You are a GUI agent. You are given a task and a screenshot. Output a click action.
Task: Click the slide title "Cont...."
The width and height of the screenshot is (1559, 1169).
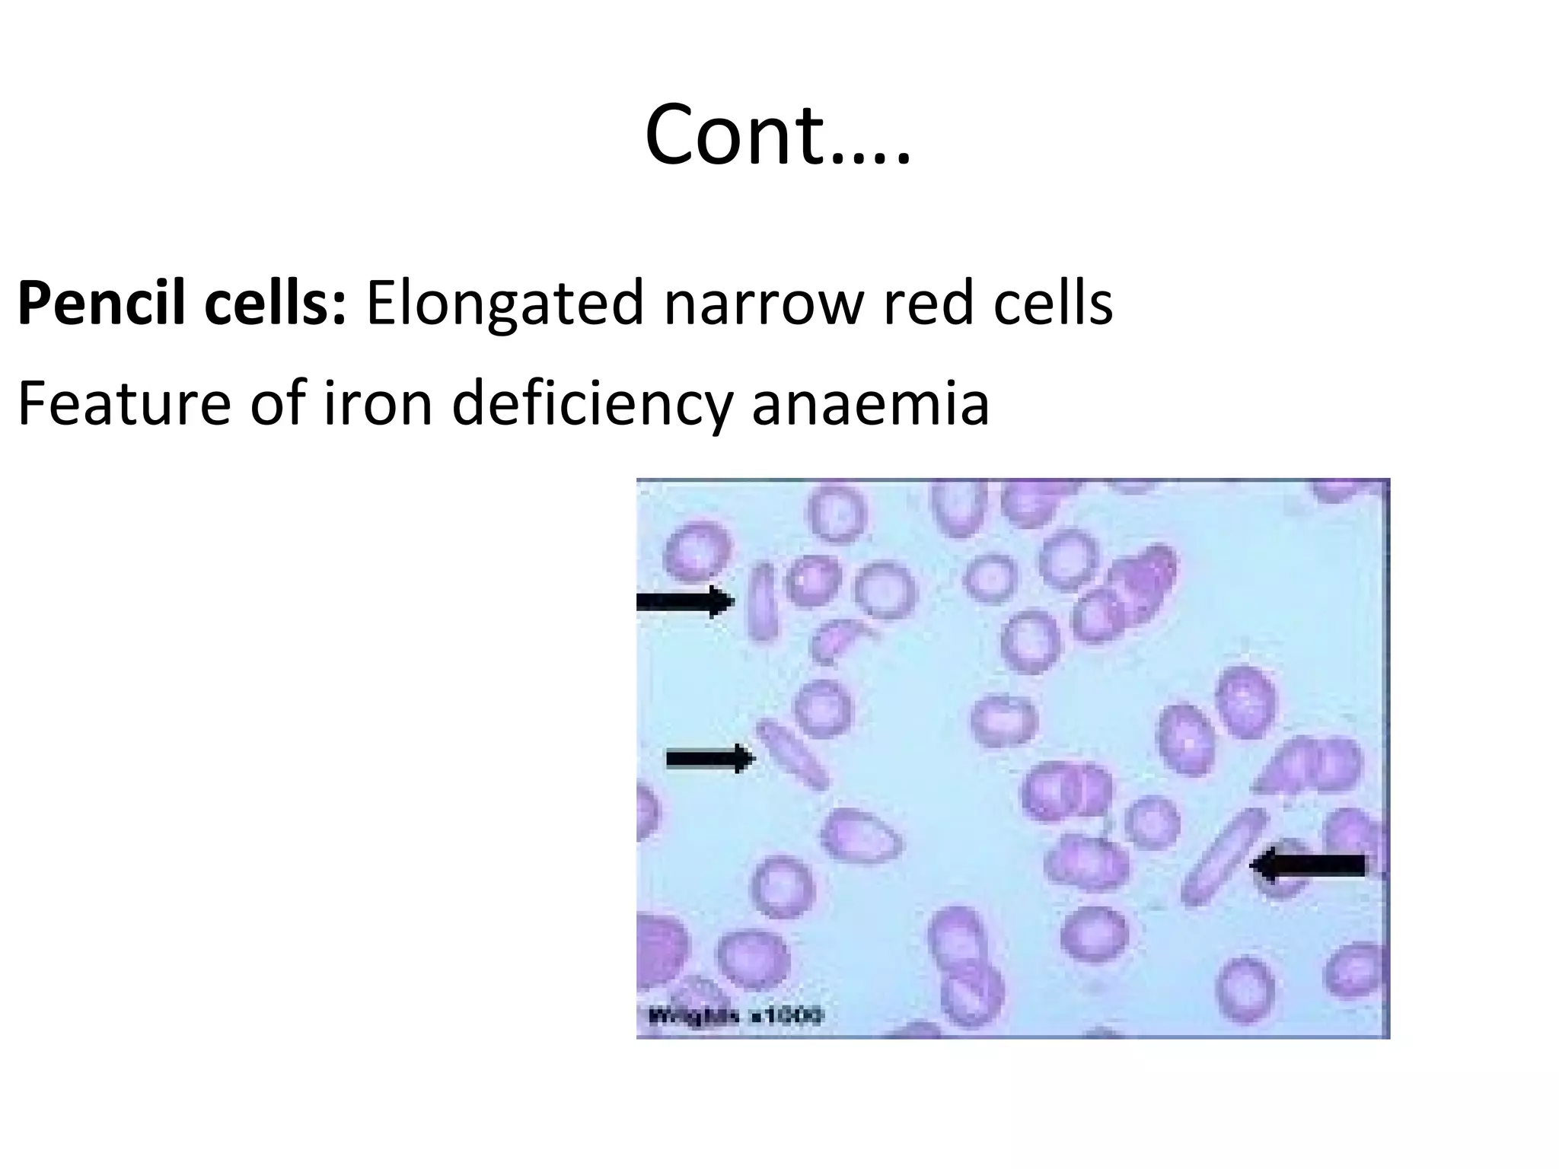tap(777, 135)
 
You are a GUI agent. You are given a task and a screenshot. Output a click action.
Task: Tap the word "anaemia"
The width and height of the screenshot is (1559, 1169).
tap(871, 403)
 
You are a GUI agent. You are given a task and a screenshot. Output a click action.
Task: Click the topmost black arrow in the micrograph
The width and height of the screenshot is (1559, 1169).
tap(685, 602)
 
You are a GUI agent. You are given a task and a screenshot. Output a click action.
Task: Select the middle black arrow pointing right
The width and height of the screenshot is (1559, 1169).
tap(710, 758)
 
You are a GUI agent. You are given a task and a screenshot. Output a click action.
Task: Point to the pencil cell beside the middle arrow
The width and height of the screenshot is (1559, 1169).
tap(792, 754)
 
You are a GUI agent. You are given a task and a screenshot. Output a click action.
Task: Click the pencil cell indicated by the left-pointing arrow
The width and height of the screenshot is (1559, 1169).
tap(1223, 858)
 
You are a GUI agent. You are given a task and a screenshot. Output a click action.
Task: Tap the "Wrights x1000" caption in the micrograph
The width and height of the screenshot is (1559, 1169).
tap(735, 1015)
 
